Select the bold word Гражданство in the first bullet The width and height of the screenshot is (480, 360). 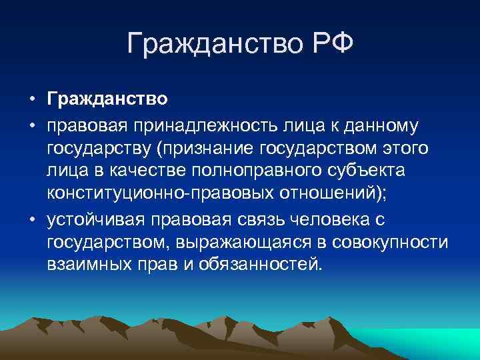(107, 100)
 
